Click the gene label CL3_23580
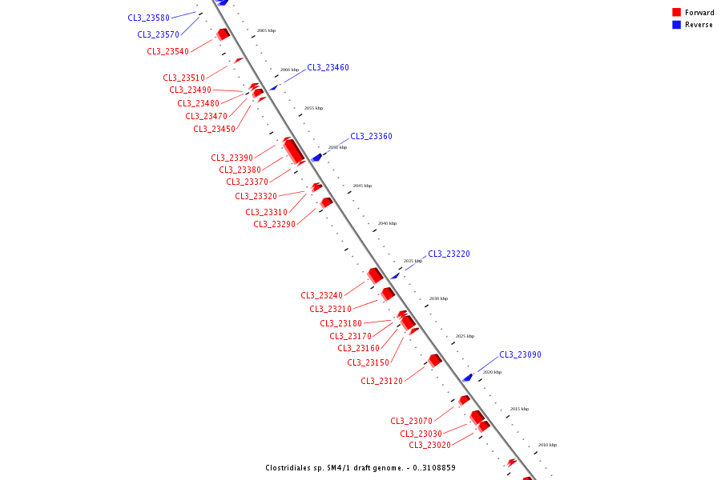148,18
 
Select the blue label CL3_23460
328,68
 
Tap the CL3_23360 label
371,137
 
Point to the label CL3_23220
449,254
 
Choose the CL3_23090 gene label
520,355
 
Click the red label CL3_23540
167,52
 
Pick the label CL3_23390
232,158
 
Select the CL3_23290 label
274,225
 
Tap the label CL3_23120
381,382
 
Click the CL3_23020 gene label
429,446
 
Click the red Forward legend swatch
676,13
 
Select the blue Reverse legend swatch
676,25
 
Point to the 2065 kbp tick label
266,30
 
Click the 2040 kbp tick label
387,223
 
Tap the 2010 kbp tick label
547,445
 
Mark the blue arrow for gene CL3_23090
468,377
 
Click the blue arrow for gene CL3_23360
316,158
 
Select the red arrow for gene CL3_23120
435,361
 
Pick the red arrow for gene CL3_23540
224,34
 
